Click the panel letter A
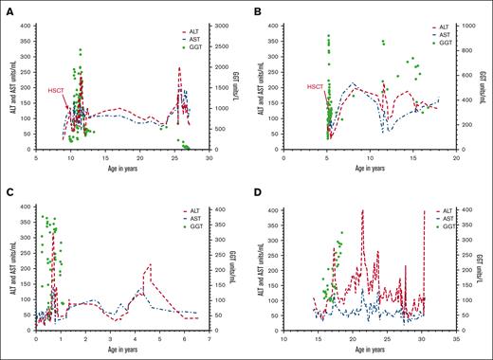coord(8,9)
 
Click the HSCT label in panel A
coord(57,90)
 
